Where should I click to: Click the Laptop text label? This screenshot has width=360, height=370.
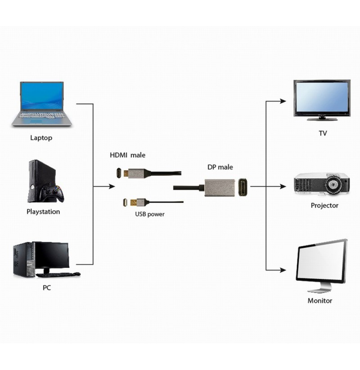click(x=41, y=138)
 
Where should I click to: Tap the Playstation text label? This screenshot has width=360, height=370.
click(x=43, y=212)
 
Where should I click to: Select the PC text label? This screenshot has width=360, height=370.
click(x=47, y=288)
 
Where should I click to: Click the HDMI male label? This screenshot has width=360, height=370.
click(x=127, y=155)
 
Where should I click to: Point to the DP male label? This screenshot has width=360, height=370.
click(x=220, y=167)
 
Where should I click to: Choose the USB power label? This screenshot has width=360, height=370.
click(x=150, y=214)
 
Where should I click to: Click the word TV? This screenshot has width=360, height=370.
click(x=323, y=134)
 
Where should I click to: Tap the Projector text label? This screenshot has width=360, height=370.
click(x=324, y=205)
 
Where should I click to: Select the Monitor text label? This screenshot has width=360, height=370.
click(x=320, y=301)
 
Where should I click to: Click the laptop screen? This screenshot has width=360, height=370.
click(x=42, y=97)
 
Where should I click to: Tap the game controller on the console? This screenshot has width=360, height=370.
click(x=51, y=193)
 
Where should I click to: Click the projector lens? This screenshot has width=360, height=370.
click(x=333, y=184)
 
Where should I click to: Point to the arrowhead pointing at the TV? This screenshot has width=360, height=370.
click(x=283, y=101)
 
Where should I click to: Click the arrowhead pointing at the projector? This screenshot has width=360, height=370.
click(x=283, y=187)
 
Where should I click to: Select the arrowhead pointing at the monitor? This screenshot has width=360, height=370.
click(x=283, y=270)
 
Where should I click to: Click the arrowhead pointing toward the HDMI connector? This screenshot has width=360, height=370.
click(x=112, y=187)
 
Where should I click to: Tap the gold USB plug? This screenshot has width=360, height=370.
click(x=133, y=202)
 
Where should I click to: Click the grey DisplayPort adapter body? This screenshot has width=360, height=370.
click(x=220, y=187)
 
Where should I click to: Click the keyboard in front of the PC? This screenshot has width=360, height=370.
click(x=58, y=274)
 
